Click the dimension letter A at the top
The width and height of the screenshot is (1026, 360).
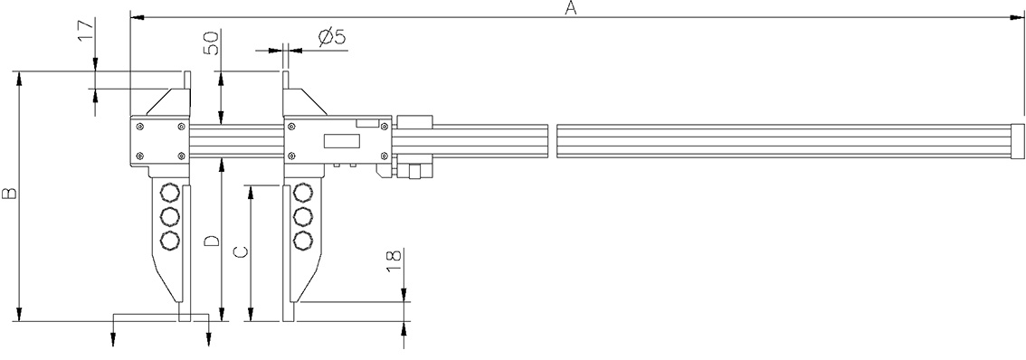(x=569, y=8)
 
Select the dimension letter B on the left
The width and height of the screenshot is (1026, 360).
(x=8, y=194)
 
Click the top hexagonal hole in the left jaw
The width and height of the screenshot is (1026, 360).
(x=168, y=193)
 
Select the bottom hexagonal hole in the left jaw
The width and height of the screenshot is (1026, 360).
(x=168, y=241)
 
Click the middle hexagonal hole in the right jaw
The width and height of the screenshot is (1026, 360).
(x=303, y=217)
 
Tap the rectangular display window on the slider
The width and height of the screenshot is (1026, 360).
(x=341, y=141)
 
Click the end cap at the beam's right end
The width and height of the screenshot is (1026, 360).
(x=1018, y=141)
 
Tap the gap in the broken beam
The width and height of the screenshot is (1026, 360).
(x=552, y=141)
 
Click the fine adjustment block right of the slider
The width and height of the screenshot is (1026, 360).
(x=415, y=123)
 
